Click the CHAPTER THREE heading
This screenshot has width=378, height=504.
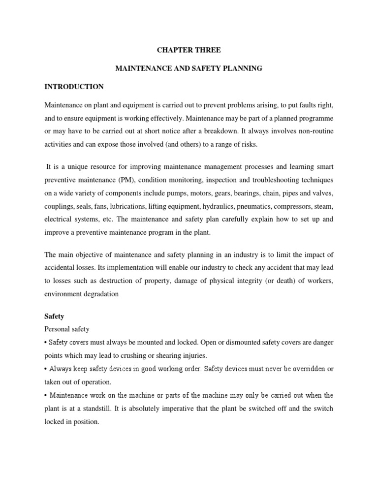(x=189, y=50)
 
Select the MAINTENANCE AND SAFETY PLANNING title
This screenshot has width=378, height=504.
(x=189, y=69)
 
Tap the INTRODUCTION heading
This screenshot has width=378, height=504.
(x=74, y=87)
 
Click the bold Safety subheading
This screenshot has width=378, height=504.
(x=54, y=317)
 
